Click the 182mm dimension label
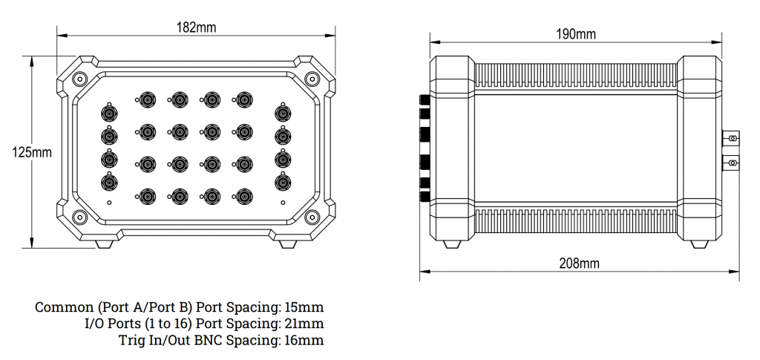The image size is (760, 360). point(196,27)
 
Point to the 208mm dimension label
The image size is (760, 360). point(579,263)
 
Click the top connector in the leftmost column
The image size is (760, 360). point(109,114)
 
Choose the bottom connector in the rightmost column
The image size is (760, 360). point(282,181)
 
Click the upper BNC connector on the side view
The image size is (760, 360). point(732,138)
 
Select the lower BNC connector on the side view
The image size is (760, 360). point(732,163)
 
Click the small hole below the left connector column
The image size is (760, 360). point(110,203)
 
